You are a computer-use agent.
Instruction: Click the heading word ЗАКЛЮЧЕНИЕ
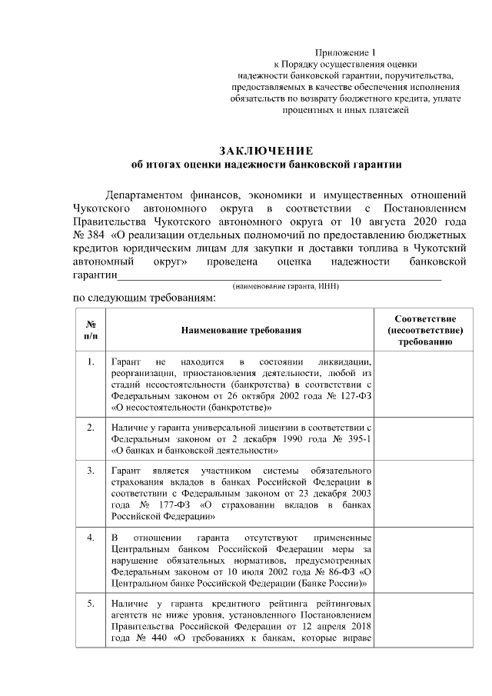266,149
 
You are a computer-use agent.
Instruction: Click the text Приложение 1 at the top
342,51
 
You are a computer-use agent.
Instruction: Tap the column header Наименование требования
240,330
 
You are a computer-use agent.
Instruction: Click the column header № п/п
91,330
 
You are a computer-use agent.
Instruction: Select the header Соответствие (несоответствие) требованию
424,330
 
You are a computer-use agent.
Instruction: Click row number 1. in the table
91,362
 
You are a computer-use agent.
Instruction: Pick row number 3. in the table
91,470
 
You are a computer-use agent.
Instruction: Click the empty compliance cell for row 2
424,438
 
